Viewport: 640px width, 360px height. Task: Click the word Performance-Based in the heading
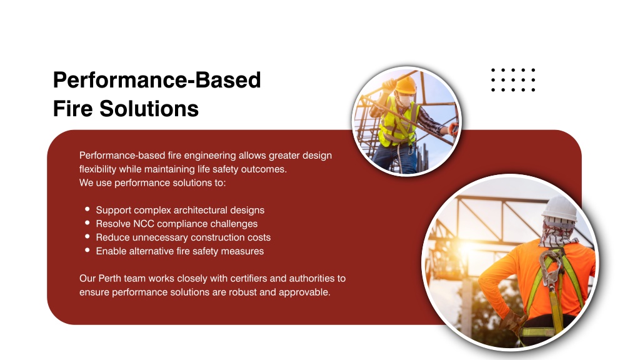click(x=157, y=80)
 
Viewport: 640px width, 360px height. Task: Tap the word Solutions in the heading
click(x=149, y=109)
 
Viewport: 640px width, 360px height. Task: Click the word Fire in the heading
click(x=73, y=109)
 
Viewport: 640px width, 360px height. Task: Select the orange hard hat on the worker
click(x=405, y=85)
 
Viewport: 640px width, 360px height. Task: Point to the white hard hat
click(x=559, y=209)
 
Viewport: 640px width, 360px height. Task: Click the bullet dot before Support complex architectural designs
click(x=87, y=209)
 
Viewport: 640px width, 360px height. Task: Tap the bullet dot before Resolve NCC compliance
click(x=87, y=223)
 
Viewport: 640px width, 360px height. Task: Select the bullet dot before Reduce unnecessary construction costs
click(x=87, y=236)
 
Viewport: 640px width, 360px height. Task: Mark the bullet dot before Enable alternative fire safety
click(x=87, y=250)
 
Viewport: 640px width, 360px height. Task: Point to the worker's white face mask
click(x=404, y=100)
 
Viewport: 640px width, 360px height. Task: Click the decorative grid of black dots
click(x=513, y=80)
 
